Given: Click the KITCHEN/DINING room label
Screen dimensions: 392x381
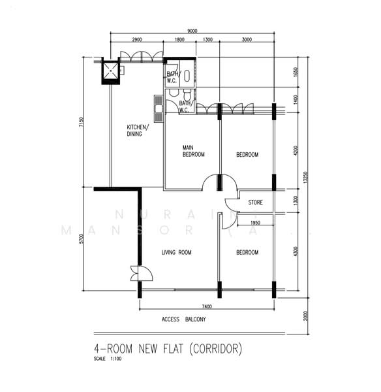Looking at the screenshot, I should coord(137,130).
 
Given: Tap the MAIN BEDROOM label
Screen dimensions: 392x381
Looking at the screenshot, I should coord(193,151).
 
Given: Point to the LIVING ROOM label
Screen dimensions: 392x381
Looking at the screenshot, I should coord(176,252).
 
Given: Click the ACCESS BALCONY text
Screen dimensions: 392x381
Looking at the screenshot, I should coord(183,319).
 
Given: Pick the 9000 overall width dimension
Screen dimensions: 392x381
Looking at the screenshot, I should coord(192,30).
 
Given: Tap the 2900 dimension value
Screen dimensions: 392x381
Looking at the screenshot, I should coord(138,40).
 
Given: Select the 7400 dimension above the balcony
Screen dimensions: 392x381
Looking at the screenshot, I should coord(206,306).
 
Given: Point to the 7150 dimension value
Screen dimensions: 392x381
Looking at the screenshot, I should coord(82,123).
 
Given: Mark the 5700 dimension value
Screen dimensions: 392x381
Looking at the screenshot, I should coord(82,238).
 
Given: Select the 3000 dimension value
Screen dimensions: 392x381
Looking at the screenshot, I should coord(246,40).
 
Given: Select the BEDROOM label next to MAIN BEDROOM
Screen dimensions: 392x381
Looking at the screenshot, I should coord(247,155).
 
